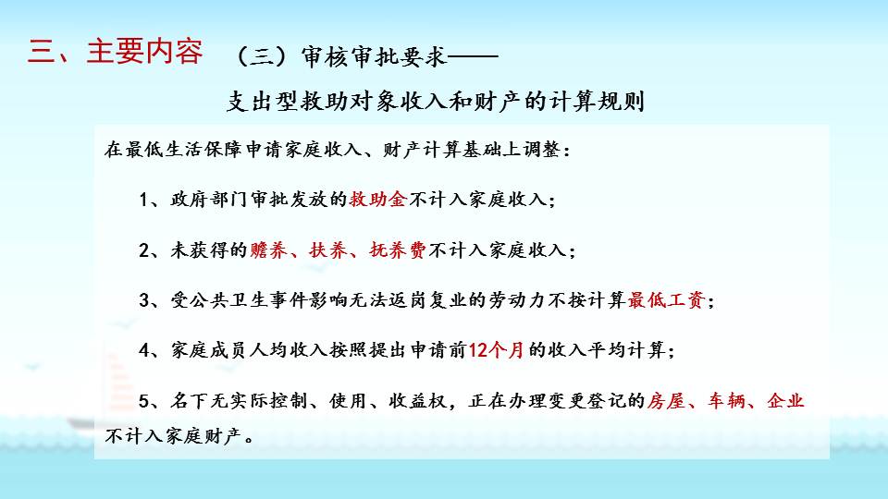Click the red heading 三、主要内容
[115, 51]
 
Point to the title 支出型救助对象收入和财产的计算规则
[436, 102]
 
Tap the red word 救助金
[377, 200]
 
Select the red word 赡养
[269, 249]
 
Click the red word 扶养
[328, 249]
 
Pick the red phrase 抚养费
[398, 249]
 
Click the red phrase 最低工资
[666, 299]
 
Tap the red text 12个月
[497, 350]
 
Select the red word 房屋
[667, 400]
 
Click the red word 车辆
[726, 400]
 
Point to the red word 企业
[785, 400]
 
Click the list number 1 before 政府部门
[144, 200]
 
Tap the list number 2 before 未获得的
[144, 250]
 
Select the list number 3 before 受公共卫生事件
[144, 300]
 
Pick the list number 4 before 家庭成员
[144, 351]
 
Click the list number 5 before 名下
[144, 401]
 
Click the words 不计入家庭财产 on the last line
[174, 435]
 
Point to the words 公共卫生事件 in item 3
[249, 299]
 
